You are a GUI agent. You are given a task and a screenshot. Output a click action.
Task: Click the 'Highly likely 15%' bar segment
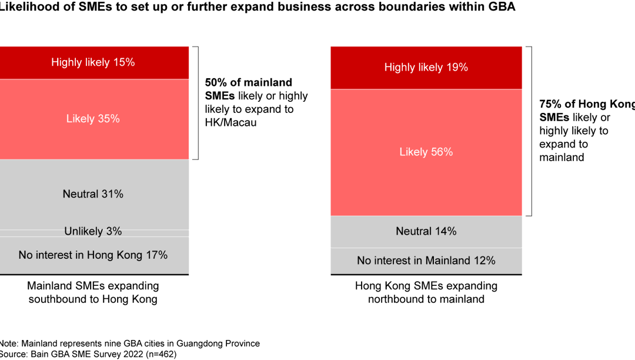[x=93, y=62]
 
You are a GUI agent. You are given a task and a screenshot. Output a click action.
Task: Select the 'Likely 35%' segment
[x=93, y=119]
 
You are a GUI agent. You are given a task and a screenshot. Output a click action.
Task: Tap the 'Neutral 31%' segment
[x=93, y=194]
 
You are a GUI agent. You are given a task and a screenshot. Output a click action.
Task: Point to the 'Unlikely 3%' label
[x=93, y=232]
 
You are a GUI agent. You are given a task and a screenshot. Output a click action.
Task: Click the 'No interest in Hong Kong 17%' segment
[x=93, y=255]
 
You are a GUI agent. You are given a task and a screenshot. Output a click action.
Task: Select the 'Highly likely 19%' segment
[x=426, y=68]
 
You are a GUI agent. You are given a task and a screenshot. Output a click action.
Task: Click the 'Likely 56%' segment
[x=426, y=152]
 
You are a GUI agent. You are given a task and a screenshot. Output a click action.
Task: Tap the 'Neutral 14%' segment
[x=426, y=231]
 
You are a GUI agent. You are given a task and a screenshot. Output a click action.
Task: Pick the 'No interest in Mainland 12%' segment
[x=426, y=261]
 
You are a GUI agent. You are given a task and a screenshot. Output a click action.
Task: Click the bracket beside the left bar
[x=197, y=103]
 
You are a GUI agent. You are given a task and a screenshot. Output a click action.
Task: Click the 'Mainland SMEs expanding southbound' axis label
[x=93, y=292]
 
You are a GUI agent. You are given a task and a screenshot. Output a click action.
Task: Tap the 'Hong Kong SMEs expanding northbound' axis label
[x=426, y=292]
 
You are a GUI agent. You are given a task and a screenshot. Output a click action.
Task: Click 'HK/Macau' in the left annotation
[x=230, y=123]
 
